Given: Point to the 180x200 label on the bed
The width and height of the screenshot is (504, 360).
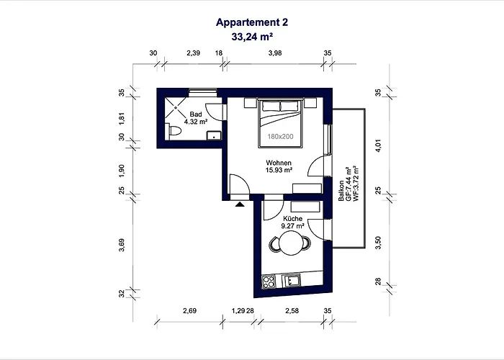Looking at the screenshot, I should coord(281,136).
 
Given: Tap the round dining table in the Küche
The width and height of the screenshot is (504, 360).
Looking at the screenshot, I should coord(290,243).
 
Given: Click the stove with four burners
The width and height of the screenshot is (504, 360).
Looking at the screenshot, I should coord(269,282).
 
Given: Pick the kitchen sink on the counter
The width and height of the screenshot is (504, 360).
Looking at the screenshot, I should coord(293,280).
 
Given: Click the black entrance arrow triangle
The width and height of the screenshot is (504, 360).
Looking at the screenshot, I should coord(238,204).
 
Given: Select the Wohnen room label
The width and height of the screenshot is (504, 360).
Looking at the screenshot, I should coord(278,166).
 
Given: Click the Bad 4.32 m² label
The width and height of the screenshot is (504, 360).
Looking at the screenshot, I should coord(195,118).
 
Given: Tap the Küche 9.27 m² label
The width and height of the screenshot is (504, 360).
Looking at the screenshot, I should coord(292,221).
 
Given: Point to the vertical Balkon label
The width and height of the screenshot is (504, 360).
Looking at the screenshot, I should coord(346,192).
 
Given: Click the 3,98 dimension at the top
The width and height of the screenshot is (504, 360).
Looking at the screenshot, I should coord(275,53).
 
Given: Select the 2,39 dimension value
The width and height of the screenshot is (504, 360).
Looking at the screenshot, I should coord(193,53).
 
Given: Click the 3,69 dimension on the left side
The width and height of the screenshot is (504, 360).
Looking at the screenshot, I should coord(122,245).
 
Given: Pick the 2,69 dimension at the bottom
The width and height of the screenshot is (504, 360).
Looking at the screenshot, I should coord(190,310).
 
